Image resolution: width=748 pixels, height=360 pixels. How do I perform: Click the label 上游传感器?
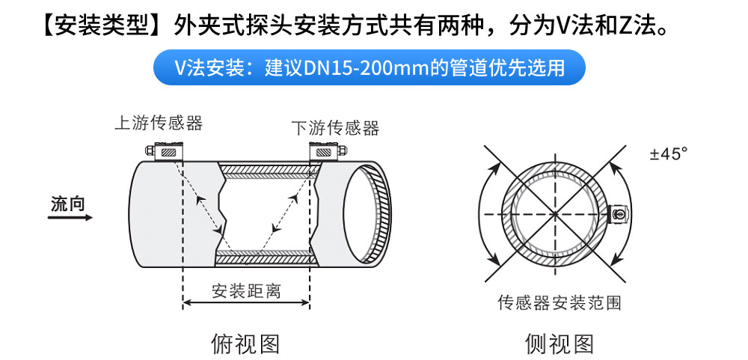pos(159,123)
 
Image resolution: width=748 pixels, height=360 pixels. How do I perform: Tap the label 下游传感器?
pos(336,127)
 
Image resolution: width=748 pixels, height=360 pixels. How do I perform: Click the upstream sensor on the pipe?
pos(165,151)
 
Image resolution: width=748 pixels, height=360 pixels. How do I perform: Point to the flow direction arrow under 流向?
pos(70,218)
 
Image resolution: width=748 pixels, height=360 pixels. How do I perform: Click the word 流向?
pos(68,204)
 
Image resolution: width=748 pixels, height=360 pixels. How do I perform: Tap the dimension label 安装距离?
pos(247,290)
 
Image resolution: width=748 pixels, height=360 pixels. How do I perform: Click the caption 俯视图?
pos(245,343)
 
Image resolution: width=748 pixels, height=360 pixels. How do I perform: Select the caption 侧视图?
pos(560,343)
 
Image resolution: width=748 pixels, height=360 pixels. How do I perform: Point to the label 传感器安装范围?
pos(560,302)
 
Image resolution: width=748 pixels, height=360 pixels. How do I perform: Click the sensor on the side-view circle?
pos(619,214)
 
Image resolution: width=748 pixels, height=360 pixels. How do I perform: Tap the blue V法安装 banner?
pos(370,67)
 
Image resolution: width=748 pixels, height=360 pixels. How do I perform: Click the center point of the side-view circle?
pos(555,214)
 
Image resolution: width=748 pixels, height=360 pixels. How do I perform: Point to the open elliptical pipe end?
pos(367,214)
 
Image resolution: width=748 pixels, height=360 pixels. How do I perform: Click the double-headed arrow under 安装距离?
pos(247,302)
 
